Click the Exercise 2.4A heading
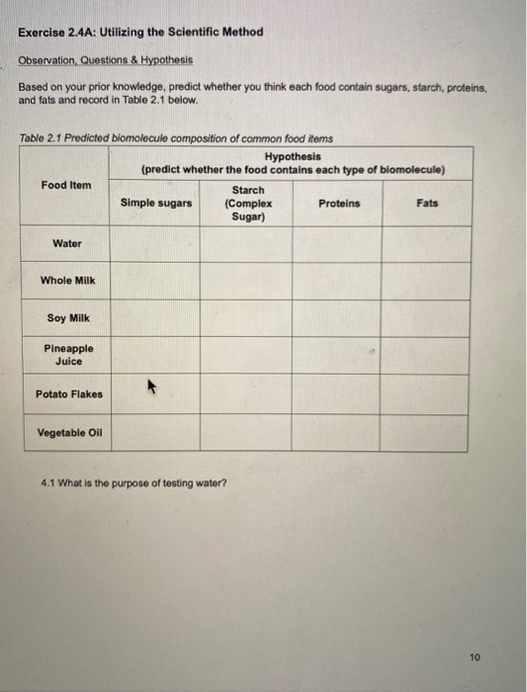pyautogui.click(x=141, y=32)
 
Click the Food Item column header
pyautogui.click(x=66, y=185)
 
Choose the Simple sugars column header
pyautogui.click(x=156, y=204)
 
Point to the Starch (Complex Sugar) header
pyautogui.click(x=247, y=204)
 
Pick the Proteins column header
pyautogui.click(x=339, y=204)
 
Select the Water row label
pyautogui.click(x=67, y=243)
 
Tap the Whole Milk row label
pyautogui.click(x=67, y=281)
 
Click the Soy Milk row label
pyautogui.click(x=67, y=318)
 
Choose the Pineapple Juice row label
pyautogui.click(x=68, y=355)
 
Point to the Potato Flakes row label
pyautogui.click(x=68, y=394)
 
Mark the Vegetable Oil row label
pyautogui.click(x=69, y=433)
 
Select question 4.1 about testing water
pyautogui.click(x=133, y=483)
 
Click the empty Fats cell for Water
pyautogui.click(x=425, y=243)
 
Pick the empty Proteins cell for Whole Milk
pyautogui.click(x=336, y=281)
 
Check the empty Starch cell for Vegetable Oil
pyautogui.click(x=247, y=433)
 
